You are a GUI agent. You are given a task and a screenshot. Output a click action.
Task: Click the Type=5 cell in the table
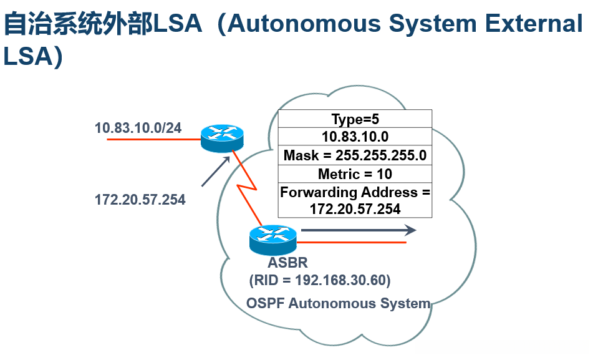(355, 119)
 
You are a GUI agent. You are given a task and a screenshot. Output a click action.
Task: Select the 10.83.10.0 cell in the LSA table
(355, 137)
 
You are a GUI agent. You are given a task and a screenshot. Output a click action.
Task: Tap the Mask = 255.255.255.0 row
(355, 155)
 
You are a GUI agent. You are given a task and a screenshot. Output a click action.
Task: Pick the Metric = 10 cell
(355, 173)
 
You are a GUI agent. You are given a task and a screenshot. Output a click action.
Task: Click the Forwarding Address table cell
(355, 200)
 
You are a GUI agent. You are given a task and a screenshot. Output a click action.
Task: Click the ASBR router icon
(272, 240)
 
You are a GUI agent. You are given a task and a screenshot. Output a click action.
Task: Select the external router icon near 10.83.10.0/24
(222, 138)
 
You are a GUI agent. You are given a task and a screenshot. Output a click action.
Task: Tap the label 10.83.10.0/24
(138, 128)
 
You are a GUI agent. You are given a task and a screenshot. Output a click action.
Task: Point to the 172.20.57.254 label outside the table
(140, 200)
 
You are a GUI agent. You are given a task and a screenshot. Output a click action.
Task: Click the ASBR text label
(288, 262)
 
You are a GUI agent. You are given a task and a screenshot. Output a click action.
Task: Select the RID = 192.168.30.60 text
(319, 280)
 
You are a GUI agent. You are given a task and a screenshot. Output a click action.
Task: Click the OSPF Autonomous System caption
(339, 303)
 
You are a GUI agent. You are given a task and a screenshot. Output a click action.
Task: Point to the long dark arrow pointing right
(359, 230)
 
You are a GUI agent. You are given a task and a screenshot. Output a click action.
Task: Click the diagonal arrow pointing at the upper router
(216, 172)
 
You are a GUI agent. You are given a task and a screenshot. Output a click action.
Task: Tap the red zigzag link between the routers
(246, 188)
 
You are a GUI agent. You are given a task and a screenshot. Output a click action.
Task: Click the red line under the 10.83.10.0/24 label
(154, 139)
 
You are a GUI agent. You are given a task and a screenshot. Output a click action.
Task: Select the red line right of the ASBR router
(351, 242)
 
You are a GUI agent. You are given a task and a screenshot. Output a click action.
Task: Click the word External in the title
(534, 24)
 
